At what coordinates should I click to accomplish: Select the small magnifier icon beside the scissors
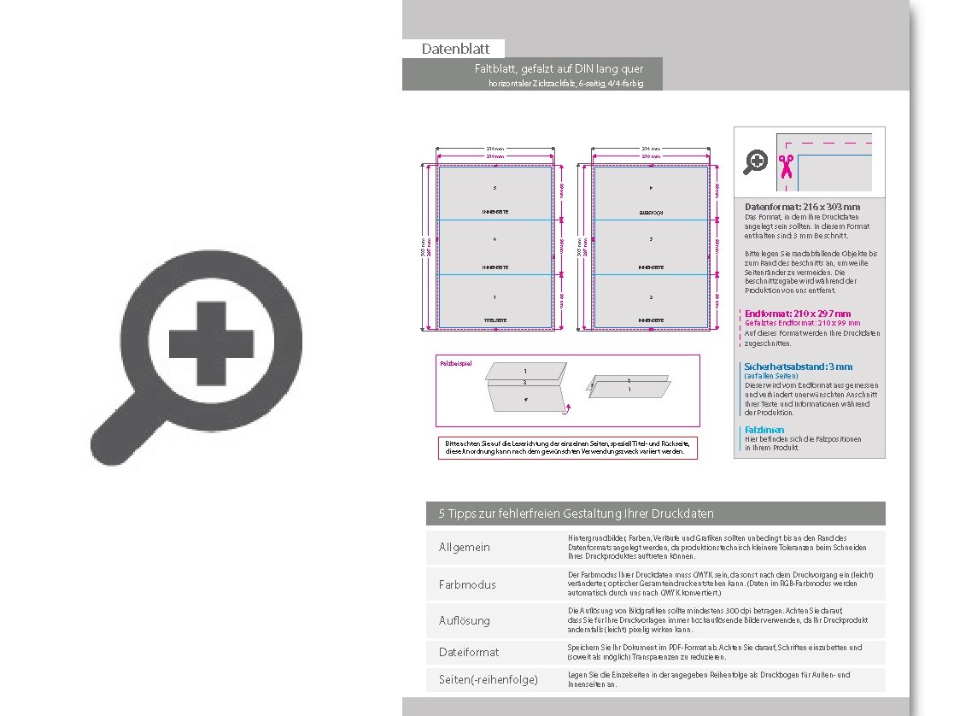(x=756, y=161)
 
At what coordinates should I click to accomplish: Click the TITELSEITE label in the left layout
(x=495, y=320)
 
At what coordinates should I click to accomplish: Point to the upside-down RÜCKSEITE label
(x=651, y=211)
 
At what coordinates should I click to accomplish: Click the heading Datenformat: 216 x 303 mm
(x=802, y=207)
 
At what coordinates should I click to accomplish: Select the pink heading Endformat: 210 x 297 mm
(x=798, y=314)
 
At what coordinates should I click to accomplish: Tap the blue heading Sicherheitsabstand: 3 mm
(x=798, y=367)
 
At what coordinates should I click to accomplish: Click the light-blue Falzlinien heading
(x=764, y=430)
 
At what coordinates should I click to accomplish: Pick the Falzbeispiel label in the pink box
(x=456, y=363)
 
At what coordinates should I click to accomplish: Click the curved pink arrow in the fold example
(x=568, y=409)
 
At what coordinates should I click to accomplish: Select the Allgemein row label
(x=465, y=547)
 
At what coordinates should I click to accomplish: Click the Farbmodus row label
(x=467, y=584)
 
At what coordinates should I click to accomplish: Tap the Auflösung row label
(x=465, y=620)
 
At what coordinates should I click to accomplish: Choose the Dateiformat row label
(x=469, y=652)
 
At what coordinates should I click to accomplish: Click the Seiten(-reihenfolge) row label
(x=489, y=679)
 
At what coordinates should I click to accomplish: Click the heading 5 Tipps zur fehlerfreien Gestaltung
(x=576, y=514)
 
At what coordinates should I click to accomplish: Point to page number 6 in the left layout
(x=495, y=239)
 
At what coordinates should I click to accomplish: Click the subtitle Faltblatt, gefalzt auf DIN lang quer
(x=559, y=68)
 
